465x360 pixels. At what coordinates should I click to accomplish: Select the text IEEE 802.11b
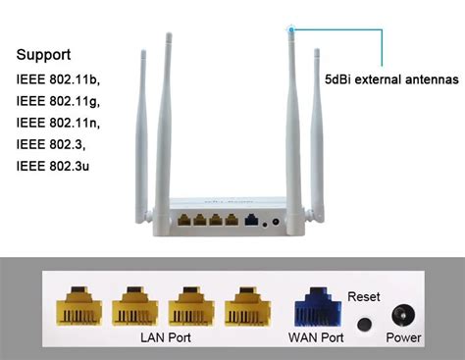(x=58, y=79)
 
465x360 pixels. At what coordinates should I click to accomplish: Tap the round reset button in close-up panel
(x=366, y=324)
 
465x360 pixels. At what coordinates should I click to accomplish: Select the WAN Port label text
(x=315, y=338)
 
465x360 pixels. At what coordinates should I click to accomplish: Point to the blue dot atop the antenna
(x=291, y=30)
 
